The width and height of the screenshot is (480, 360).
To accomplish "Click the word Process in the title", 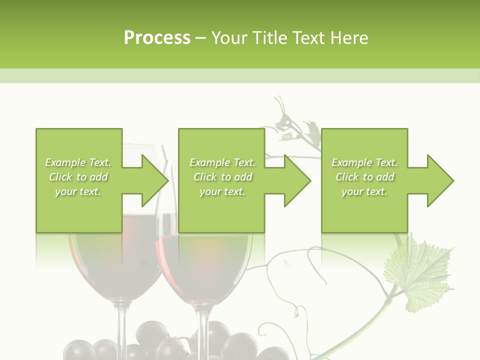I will coord(157,38).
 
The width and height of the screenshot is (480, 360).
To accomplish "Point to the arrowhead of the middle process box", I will coord(297,180).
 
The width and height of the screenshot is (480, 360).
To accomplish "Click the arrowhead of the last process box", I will coord(440,180).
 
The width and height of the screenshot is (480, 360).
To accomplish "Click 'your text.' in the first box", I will coord(78,191).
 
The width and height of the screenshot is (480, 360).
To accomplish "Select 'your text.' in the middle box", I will coord(222,191).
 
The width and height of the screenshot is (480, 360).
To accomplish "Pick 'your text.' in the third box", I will coord(364,191).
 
